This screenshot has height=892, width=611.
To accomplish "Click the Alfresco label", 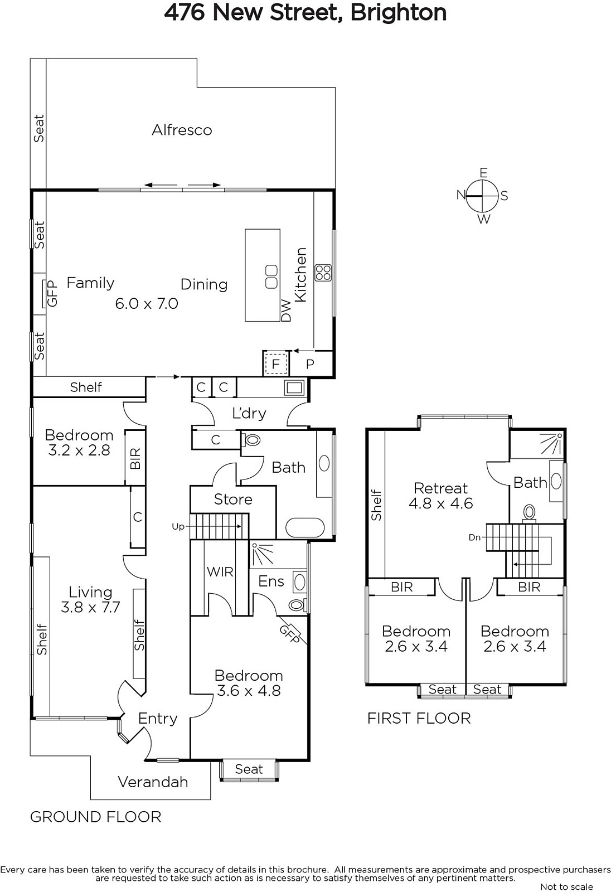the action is coord(182,130).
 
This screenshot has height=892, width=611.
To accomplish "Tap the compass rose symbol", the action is coord(482,196).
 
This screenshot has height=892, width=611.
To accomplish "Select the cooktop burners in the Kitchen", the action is coord(323,273).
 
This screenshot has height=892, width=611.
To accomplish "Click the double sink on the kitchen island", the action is coord(271,277).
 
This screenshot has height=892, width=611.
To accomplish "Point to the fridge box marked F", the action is coord(275,364).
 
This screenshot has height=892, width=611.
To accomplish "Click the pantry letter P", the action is coord(310,364).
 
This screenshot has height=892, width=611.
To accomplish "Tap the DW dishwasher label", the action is coord(286,311).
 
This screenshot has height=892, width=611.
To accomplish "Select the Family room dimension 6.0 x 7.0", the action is coord(147,304).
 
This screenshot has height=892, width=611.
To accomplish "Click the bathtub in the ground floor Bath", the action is coord(306,528).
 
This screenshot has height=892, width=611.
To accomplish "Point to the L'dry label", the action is coord(249,413).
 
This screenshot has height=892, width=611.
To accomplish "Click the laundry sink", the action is coord(294,387).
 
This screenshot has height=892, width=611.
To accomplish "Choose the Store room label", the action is coord(233,500).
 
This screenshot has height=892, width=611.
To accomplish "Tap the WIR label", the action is coord(220,572).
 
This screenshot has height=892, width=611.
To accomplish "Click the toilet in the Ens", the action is coord(298,605).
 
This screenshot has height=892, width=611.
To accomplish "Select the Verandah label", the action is coord(153,782).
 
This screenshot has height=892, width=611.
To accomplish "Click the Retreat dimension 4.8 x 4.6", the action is coord(441,504).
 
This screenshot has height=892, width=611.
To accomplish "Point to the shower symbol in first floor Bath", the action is coord(552,444).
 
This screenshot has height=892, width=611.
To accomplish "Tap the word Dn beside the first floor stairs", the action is coord(474,537).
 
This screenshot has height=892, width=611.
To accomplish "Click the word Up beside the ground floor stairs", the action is coord(178,527).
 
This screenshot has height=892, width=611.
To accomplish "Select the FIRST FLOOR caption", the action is coord(419,719).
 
